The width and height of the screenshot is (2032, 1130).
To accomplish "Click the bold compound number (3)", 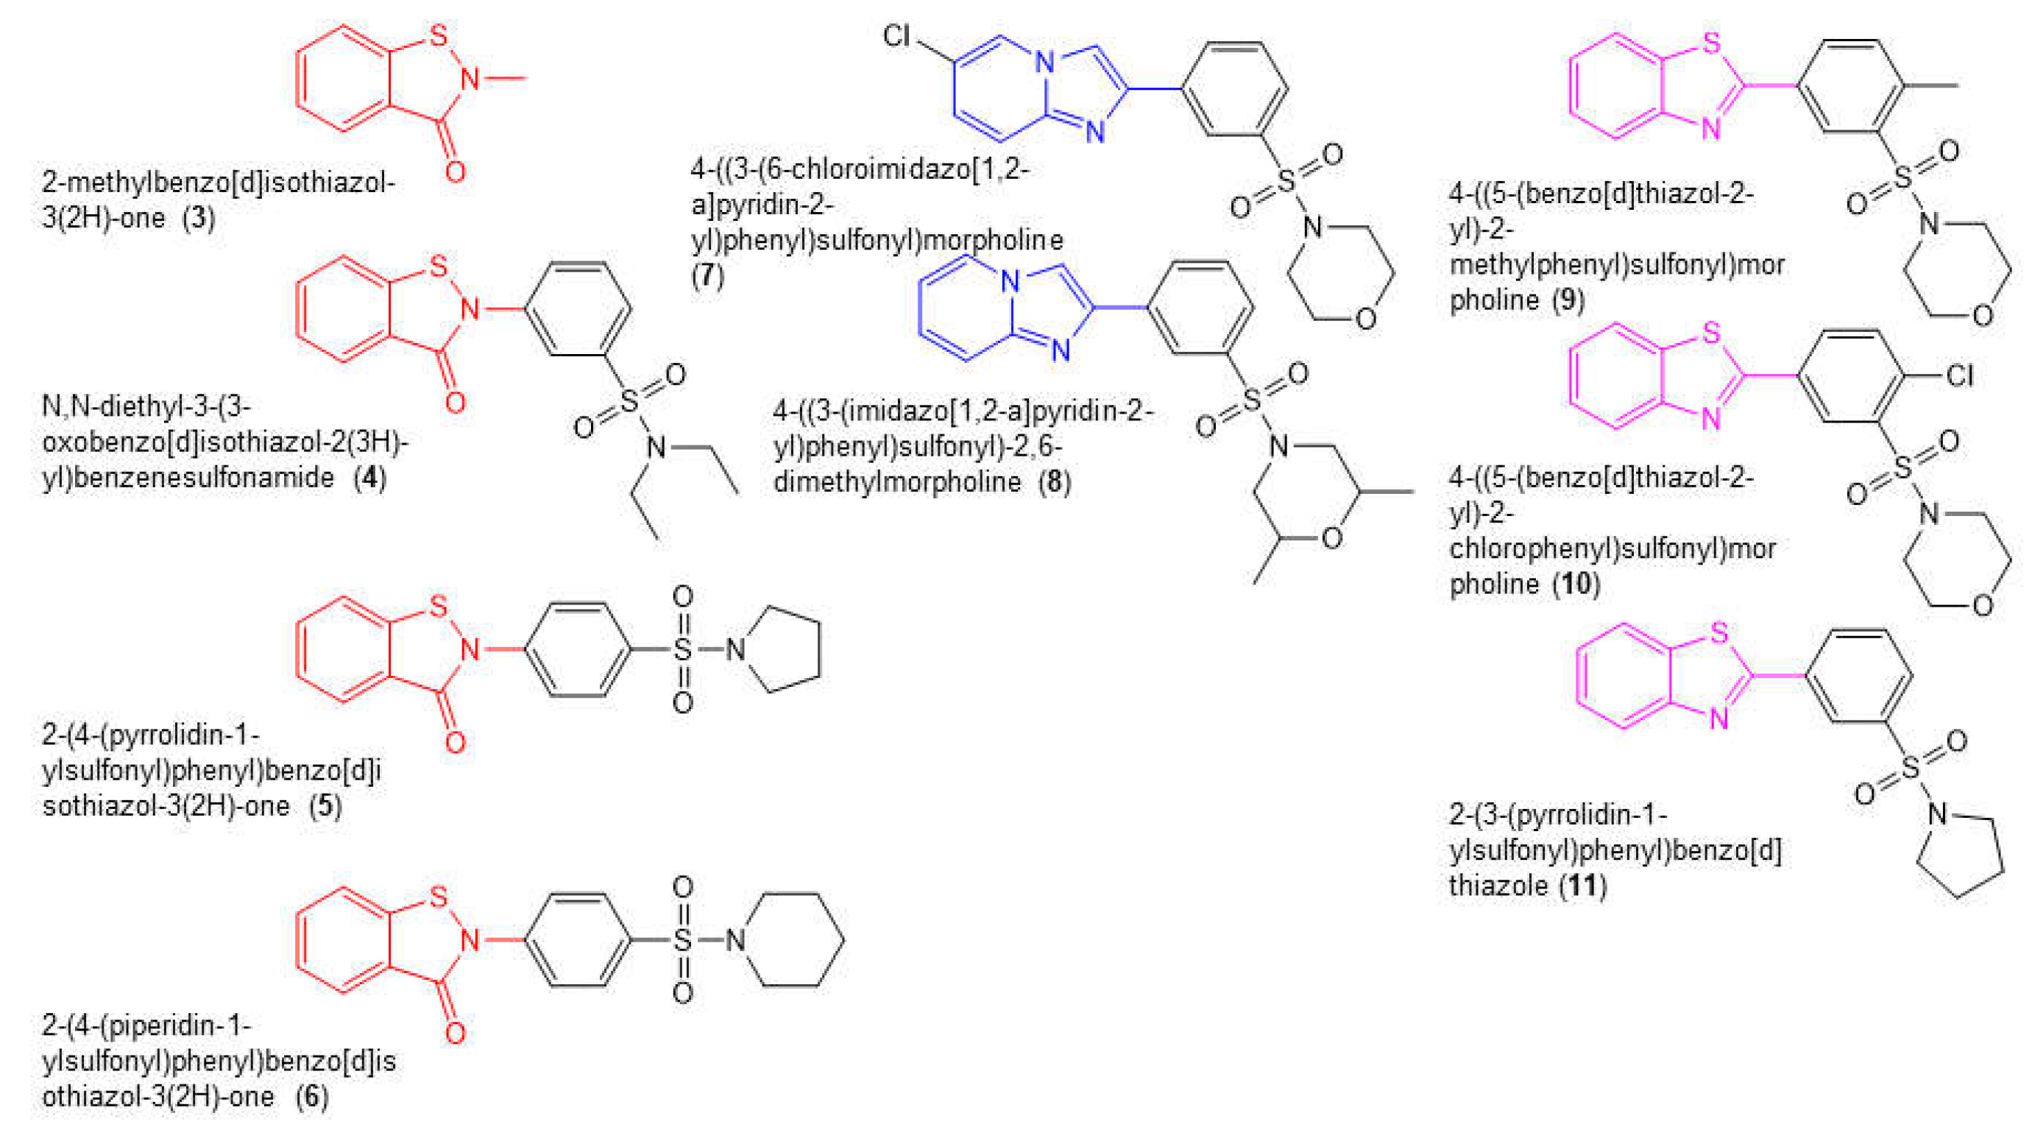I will coord(199,218).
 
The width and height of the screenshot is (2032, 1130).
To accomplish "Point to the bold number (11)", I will coord(1583,886).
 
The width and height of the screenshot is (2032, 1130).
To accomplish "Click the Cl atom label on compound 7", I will coord(896,35).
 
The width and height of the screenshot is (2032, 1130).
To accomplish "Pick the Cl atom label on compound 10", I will coord(1959,375).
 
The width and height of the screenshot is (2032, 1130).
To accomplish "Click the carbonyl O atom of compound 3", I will coord(455,172).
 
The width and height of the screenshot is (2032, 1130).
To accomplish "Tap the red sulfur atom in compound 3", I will coord(439,35).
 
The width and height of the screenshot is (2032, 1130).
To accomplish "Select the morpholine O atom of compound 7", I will coord(1365,319).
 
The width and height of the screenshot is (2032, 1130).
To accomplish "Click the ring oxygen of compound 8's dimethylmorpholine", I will coord(1331,539).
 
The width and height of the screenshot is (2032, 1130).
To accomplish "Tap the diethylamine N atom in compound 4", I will coord(656,448).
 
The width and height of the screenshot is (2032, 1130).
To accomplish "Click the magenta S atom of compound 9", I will coord(1710,43).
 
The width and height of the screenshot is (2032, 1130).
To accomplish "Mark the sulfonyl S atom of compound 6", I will coord(682,940).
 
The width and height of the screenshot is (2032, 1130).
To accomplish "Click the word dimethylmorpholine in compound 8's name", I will coord(897,481).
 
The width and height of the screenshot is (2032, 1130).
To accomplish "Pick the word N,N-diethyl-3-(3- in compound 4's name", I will coord(146,406).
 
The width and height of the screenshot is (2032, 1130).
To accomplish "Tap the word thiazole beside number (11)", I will coord(1498,886).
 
